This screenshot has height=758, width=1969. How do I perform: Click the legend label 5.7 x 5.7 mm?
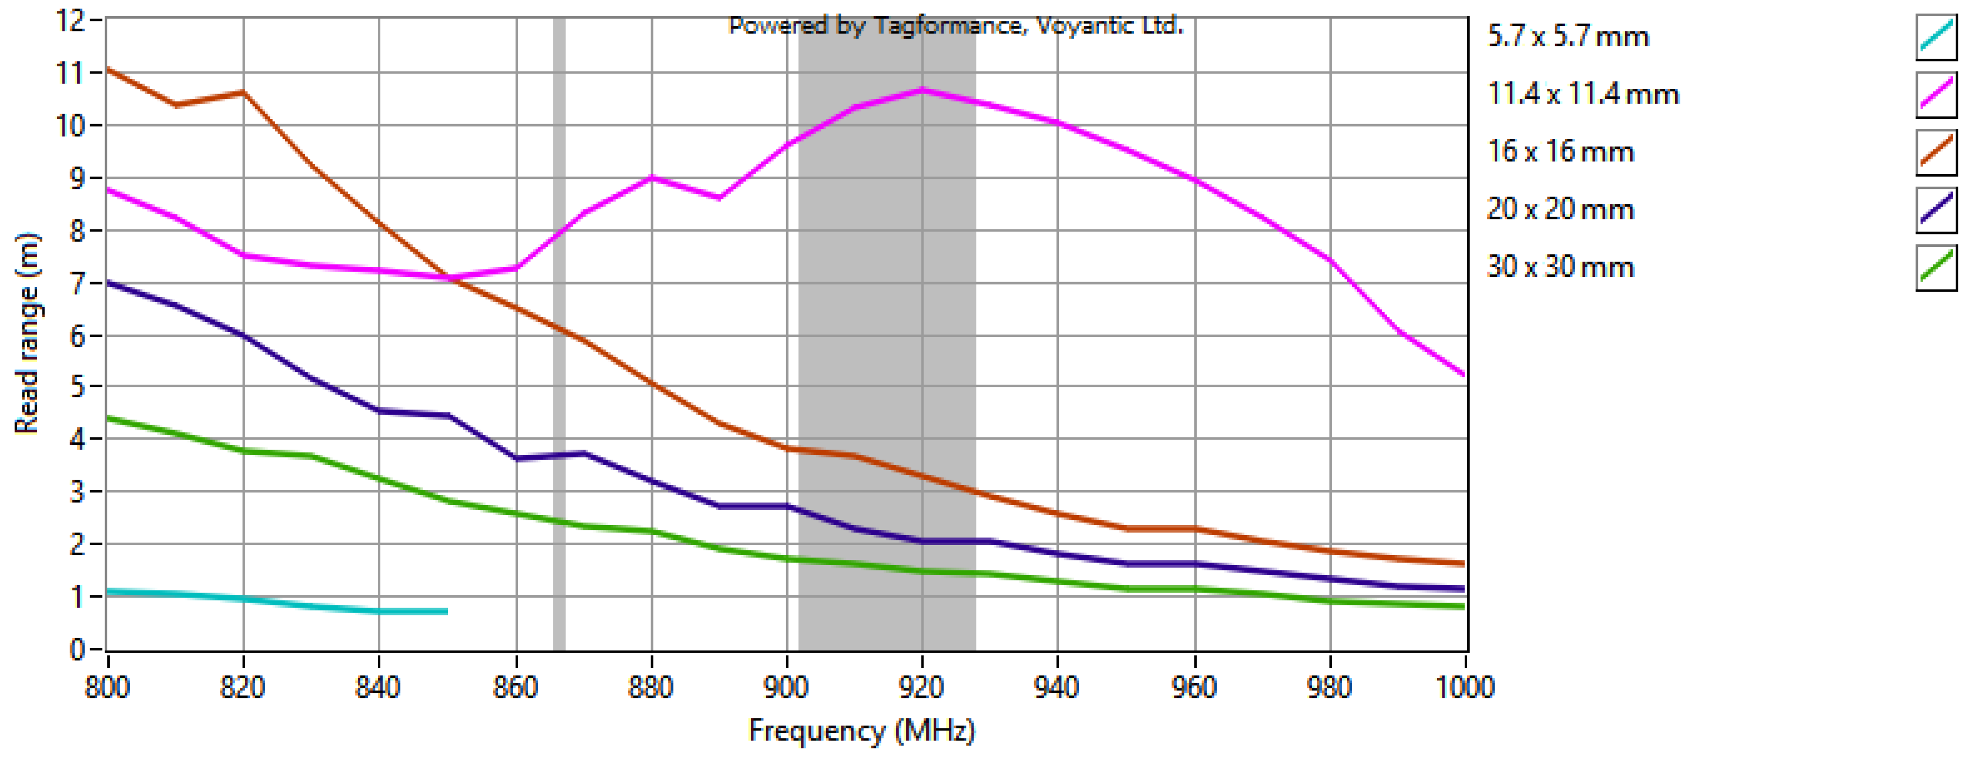point(1568,37)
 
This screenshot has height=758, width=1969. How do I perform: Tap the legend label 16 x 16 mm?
point(1560,151)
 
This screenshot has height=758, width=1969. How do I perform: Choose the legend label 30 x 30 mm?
point(1560,266)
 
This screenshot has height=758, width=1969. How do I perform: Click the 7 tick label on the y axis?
point(76,283)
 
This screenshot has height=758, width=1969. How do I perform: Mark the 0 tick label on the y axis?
point(76,649)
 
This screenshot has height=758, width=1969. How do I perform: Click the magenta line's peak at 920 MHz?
point(922,90)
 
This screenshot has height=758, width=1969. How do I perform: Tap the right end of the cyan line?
point(446,611)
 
